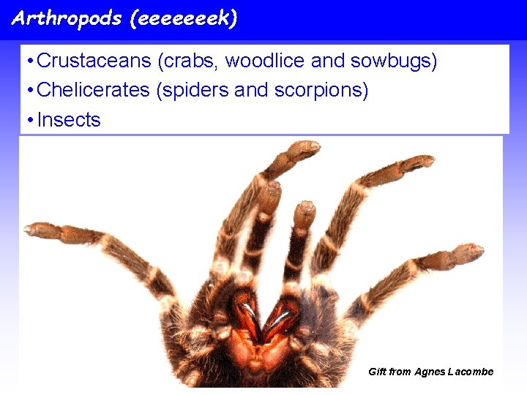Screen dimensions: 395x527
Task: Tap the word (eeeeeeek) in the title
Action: [183, 18]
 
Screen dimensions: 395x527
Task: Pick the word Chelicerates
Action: [95, 91]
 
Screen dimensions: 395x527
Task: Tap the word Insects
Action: [69, 120]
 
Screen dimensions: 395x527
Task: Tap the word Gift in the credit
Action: [377, 372]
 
